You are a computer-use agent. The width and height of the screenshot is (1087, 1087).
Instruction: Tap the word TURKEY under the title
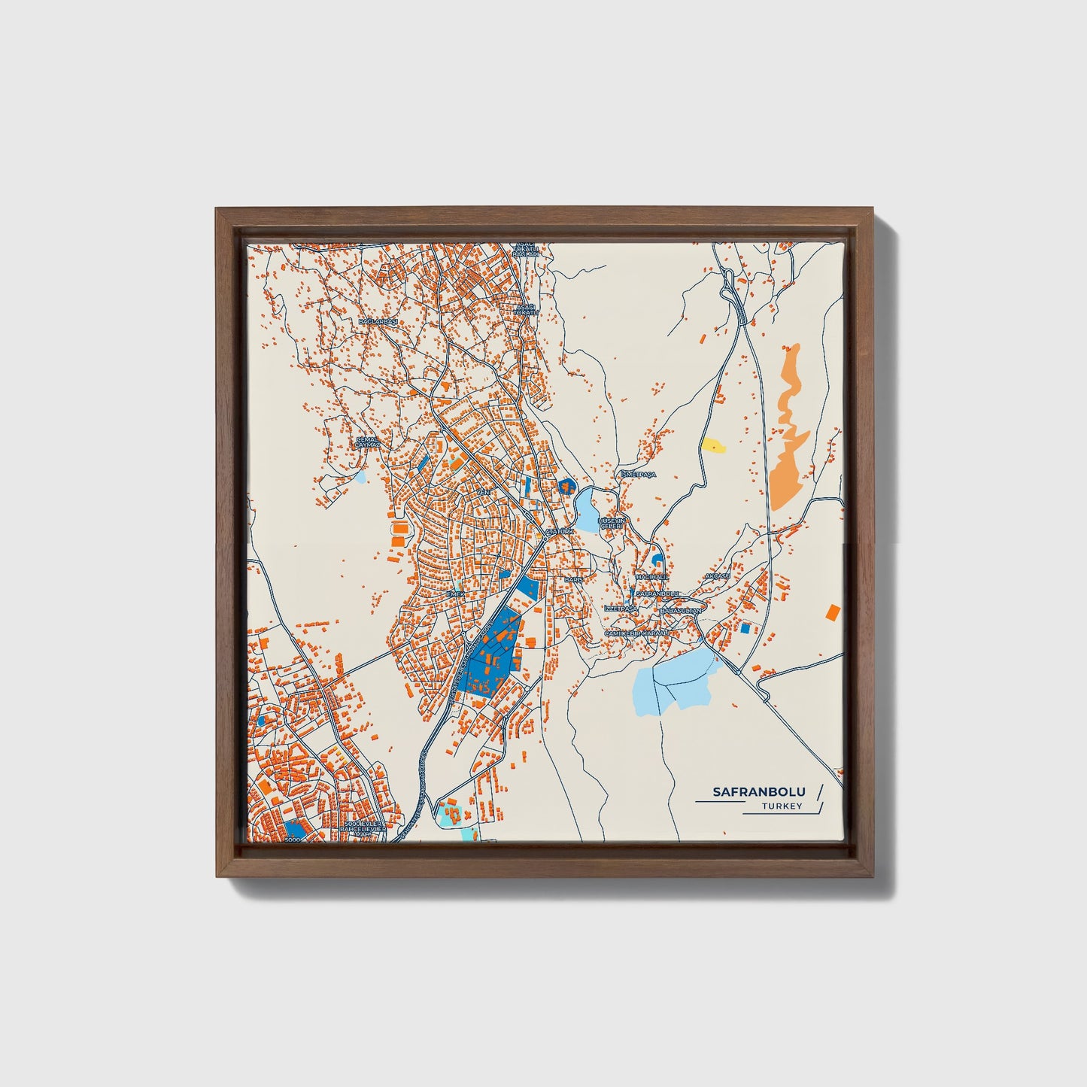pyautogui.click(x=782, y=806)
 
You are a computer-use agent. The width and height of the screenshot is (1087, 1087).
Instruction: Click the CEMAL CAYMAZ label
pyautogui.click(x=368, y=442)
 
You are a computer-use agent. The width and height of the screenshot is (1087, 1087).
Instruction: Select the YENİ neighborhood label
pyautogui.click(x=484, y=492)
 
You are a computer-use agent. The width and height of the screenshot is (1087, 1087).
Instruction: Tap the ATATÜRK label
pyautogui.click(x=559, y=531)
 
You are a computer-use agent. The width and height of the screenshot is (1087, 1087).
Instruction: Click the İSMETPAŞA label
pyautogui.click(x=638, y=475)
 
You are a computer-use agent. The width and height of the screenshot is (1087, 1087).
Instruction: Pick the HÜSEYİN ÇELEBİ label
pyautogui.click(x=611, y=523)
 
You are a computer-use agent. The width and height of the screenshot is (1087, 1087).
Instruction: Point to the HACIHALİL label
pyautogui.click(x=651, y=576)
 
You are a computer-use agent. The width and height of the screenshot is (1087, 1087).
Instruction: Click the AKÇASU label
pyautogui.click(x=717, y=576)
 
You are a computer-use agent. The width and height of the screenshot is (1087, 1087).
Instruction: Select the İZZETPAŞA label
pyautogui.click(x=621, y=608)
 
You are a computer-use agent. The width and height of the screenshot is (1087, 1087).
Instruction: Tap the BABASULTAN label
pyautogui.click(x=679, y=611)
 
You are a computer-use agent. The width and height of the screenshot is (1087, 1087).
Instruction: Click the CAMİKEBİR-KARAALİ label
pyautogui.click(x=636, y=634)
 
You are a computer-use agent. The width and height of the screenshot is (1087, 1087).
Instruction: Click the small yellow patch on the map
pyautogui.click(x=712, y=446)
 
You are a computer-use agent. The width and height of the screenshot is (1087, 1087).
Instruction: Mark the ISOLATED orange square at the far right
pyautogui.click(x=832, y=612)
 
